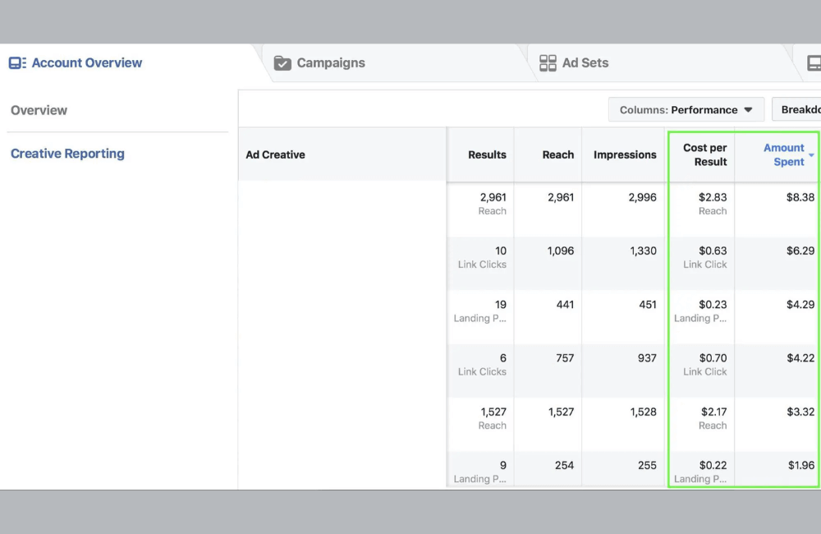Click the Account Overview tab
76,63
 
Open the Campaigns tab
319,63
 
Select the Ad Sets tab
574,63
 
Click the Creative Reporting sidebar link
67,154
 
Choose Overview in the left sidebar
39,110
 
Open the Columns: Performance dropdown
686,110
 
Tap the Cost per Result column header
704,154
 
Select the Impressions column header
625,154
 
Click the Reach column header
557,154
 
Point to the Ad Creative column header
275,154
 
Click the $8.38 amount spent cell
800,197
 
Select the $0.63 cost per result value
713,251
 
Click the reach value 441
565,305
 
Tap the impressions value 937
646,358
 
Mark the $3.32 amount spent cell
800,412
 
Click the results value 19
500,305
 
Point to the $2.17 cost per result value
713,412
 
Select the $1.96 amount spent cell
800,465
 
